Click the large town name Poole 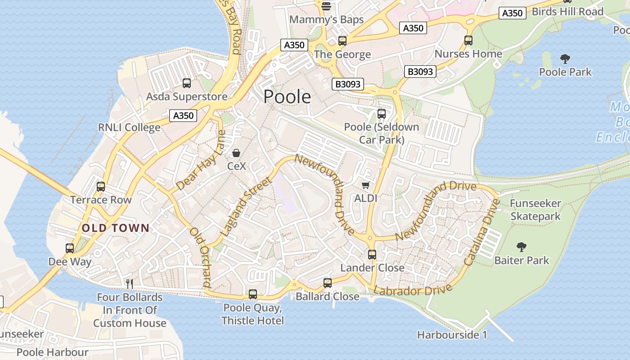[x=287, y=97]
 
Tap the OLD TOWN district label [x=115, y=228]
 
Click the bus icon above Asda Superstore [x=187, y=83]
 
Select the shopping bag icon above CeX [x=236, y=153]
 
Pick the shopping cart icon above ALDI [x=366, y=185]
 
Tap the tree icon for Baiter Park [x=522, y=247]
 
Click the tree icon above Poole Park [x=565, y=58]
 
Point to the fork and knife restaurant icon [x=130, y=283]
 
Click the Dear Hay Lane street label [x=201, y=161]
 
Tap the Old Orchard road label [x=201, y=258]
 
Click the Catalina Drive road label [x=482, y=232]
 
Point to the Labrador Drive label [x=413, y=290]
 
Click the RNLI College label [x=129, y=127]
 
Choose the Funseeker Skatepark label [x=535, y=210]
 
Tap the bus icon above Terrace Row [x=101, y=187]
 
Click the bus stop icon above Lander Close [x=372, y=255]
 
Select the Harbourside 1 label [x=452, y=335]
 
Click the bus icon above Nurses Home [x=468, y=40]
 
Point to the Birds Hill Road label [x=567, y=12]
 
